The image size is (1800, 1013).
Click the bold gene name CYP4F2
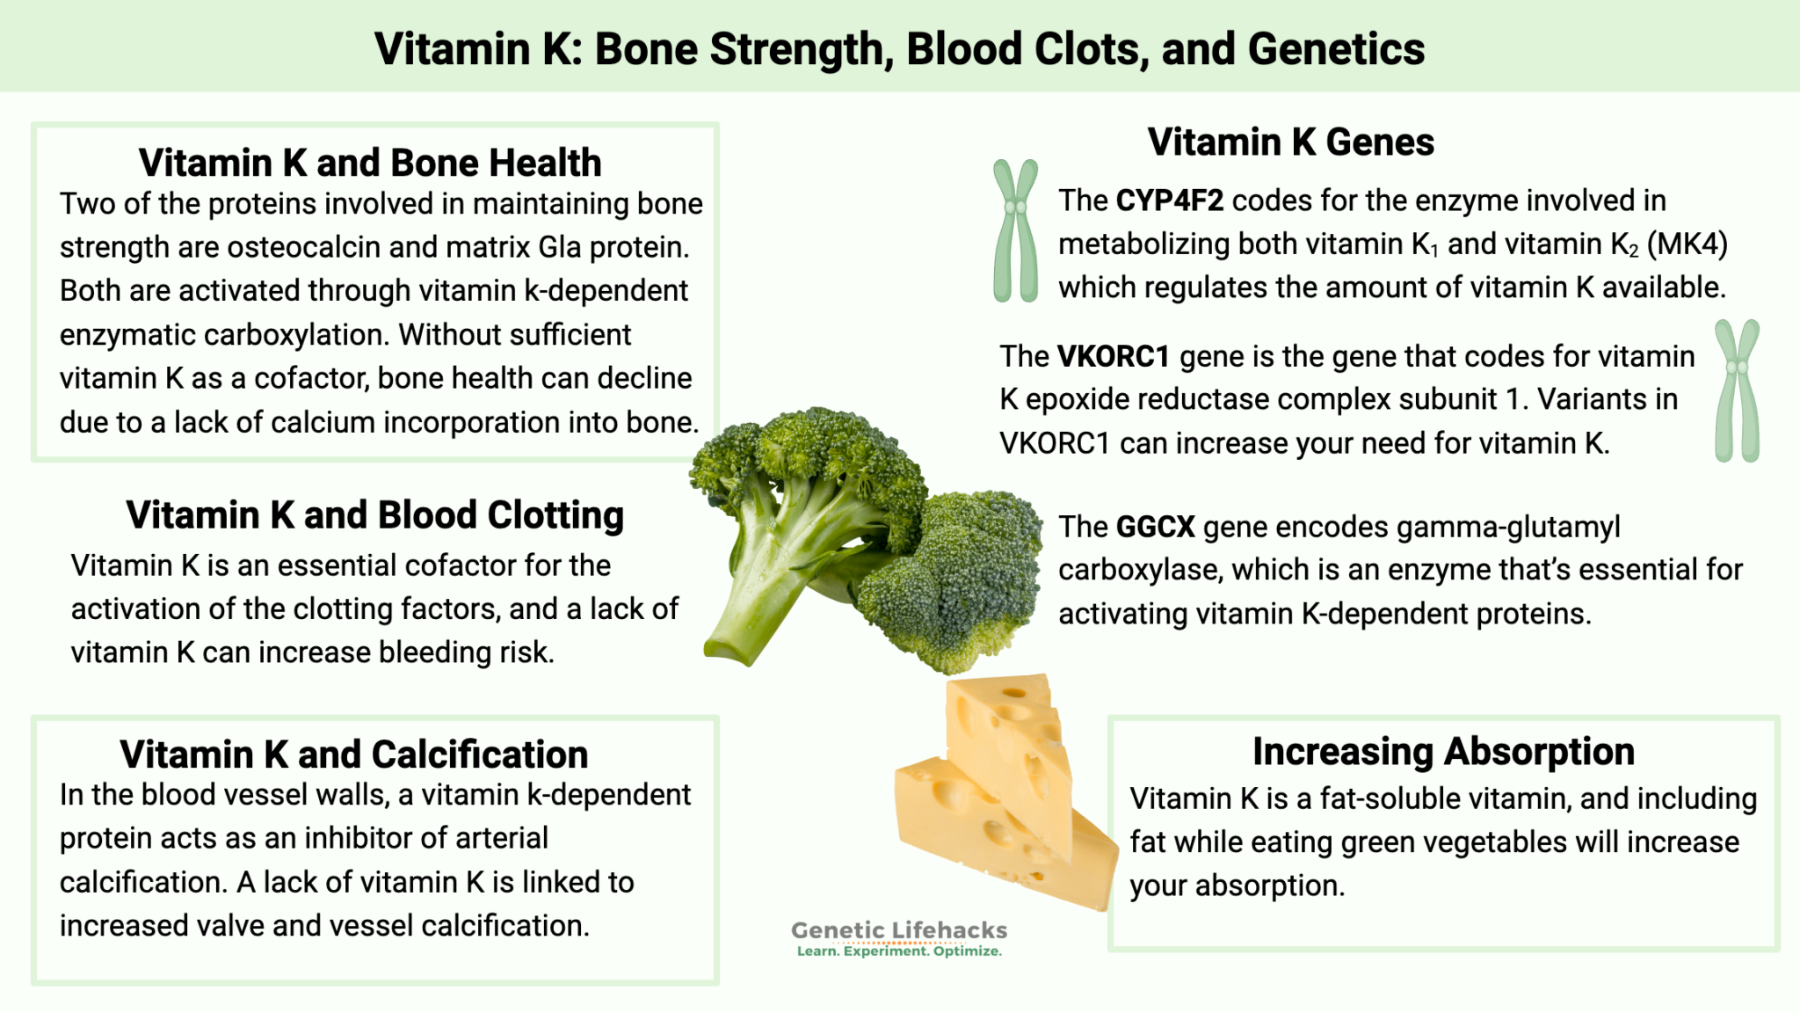pyautogui.click(x=1169, y=201)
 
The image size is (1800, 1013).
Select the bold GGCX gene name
pyautogui.click(x=1155, y=528)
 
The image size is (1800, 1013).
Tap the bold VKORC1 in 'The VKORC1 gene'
pyautogui.click(x=1113, y=357)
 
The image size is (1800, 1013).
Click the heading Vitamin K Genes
pyautogui.click(x=1290, y=142)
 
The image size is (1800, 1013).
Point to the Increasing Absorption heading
pyautogui.click(x=1443, y=752)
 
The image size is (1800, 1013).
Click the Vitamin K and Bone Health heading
pyautogui.click(x=370, y=164)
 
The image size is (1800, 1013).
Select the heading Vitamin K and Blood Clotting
pyautogui.click(x=374, y=515)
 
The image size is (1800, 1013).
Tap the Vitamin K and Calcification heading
pyautogui.click(x=354, y=754)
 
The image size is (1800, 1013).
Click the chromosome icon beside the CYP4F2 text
pyautogui.click(x=1015, y=230)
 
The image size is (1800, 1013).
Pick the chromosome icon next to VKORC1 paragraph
pyautogui.click(x=1737, y=390)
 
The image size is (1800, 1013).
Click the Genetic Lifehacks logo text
pyautogui.click(x=899, y=930)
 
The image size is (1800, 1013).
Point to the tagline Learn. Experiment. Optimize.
pyautogui.click(x=899, y=951)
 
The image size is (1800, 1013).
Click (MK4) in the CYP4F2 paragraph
pyautogui.click(x=1687, y=244)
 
